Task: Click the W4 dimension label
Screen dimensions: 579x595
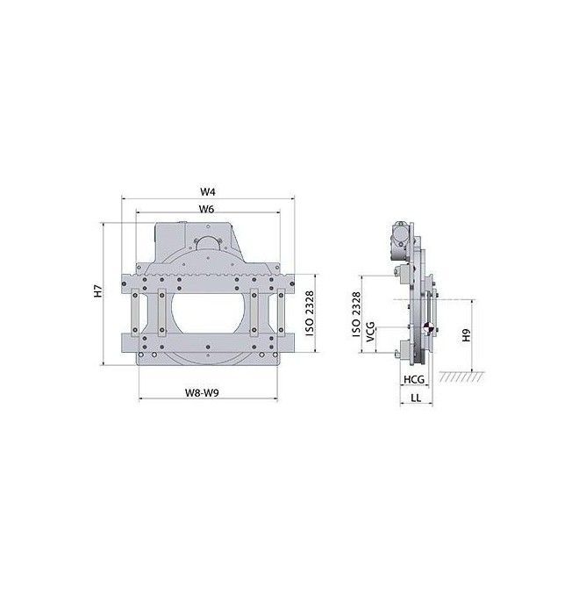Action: (x=208, y=191)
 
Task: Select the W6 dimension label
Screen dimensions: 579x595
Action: (x=206, y=209)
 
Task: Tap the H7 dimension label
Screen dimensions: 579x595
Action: (x=98, y=290)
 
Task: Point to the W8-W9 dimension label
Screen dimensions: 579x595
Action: (x=202, y=392)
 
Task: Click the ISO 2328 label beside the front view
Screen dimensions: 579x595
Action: (x=310, y=313)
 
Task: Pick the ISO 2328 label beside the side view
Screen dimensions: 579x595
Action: (x=356, y=314)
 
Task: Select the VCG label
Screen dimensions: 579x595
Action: (x=371, y=332)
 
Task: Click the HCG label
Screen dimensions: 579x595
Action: (x=413, y=379)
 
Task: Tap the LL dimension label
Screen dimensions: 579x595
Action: (x=416, y=398)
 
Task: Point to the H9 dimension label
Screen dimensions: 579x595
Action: (x=466, y=335)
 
